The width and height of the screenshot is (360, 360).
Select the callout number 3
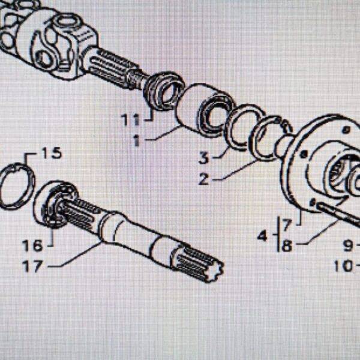click(x=204, y=158)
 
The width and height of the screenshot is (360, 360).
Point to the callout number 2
click(x=204, y=178)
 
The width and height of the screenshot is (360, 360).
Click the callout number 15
click(x=51, y=153)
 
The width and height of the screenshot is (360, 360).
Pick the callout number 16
click(x=33, y=246)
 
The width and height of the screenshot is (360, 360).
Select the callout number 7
click(x=287, y=226)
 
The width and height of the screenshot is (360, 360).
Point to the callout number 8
click(x=287, y=246)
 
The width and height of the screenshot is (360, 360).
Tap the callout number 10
click(x=344, y=264)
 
